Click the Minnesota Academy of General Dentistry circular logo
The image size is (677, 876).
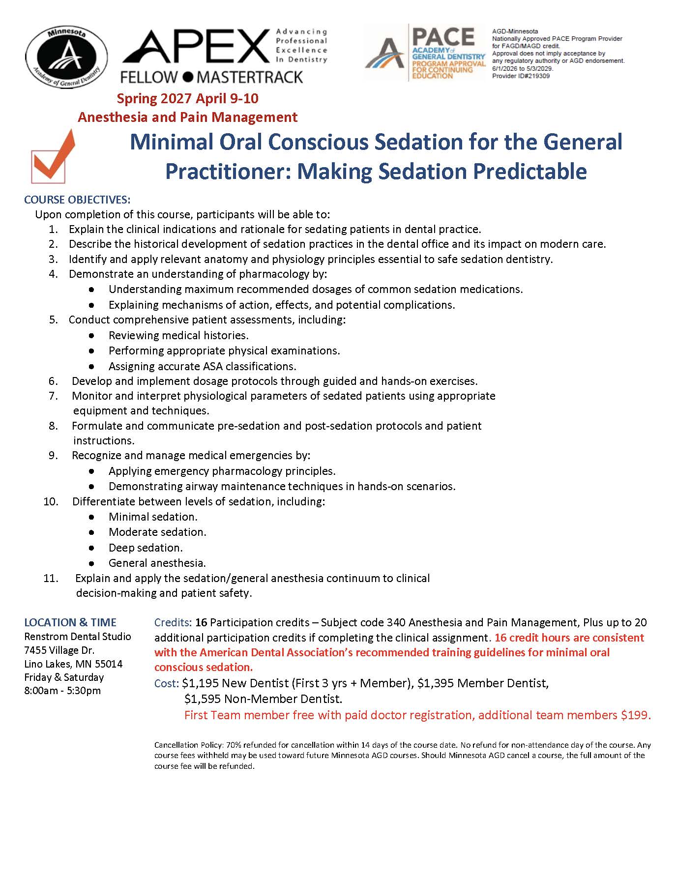pyautogui.click(x=66, y=56)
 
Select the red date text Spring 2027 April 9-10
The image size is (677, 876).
pyautogui.click(x=187, y=98)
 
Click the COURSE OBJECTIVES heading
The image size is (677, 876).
pyautogui.click(x=77, y=200)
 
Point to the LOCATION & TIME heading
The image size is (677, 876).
pyautogui.click(x=70, y=622)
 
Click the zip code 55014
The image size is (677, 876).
pyautogui.click(x=109, y=664)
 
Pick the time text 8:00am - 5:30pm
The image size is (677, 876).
pyautogui.click(x=62, y=690)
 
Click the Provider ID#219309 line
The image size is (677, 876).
pyautogui.click(x=521, y=76)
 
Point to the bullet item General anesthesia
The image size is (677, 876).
pyautogui.click(x=157, y=563)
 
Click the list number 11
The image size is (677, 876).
pyautogui.click(x=51, y=578)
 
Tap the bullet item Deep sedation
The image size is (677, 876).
pyautogui.click(x=146, y=548)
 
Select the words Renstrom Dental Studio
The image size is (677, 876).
pyautogui.click(x=78, y=637)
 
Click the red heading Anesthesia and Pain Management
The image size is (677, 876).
pyautogui.click(x=187, y=117)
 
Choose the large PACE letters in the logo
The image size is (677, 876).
pyautogui.click(x=443, y=37)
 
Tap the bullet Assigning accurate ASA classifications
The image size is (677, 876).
pyautogui.click(x=202, y=366)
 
